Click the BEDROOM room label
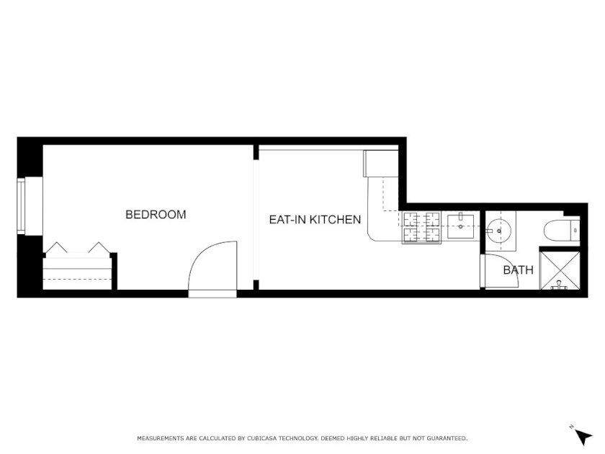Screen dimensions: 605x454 coord(156,215)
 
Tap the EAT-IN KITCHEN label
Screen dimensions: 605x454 coord(315,220)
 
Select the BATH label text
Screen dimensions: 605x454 coord(518,270)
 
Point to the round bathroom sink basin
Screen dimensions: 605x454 coord(498,231)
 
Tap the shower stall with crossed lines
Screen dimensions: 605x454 coord(560,270)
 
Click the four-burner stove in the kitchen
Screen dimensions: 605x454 coord(421,228)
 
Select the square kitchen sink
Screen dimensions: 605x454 coord(461,226)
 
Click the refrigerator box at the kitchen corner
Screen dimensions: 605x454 coord(381,164)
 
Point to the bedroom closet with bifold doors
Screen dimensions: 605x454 coord(78,270)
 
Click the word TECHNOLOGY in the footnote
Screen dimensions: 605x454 coord(298,438)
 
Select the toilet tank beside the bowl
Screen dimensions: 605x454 coord(575,231)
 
